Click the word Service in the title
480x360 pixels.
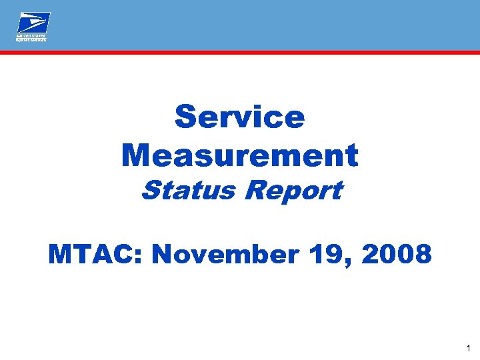click(239, 117)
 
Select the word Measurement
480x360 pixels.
click(240, 155)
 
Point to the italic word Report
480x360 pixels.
click(293, 191)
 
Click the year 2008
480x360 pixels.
click(393, 254)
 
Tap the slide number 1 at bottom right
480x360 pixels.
click(469, 348)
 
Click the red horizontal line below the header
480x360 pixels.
click(240, 51)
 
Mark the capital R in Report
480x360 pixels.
click(254, 191)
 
